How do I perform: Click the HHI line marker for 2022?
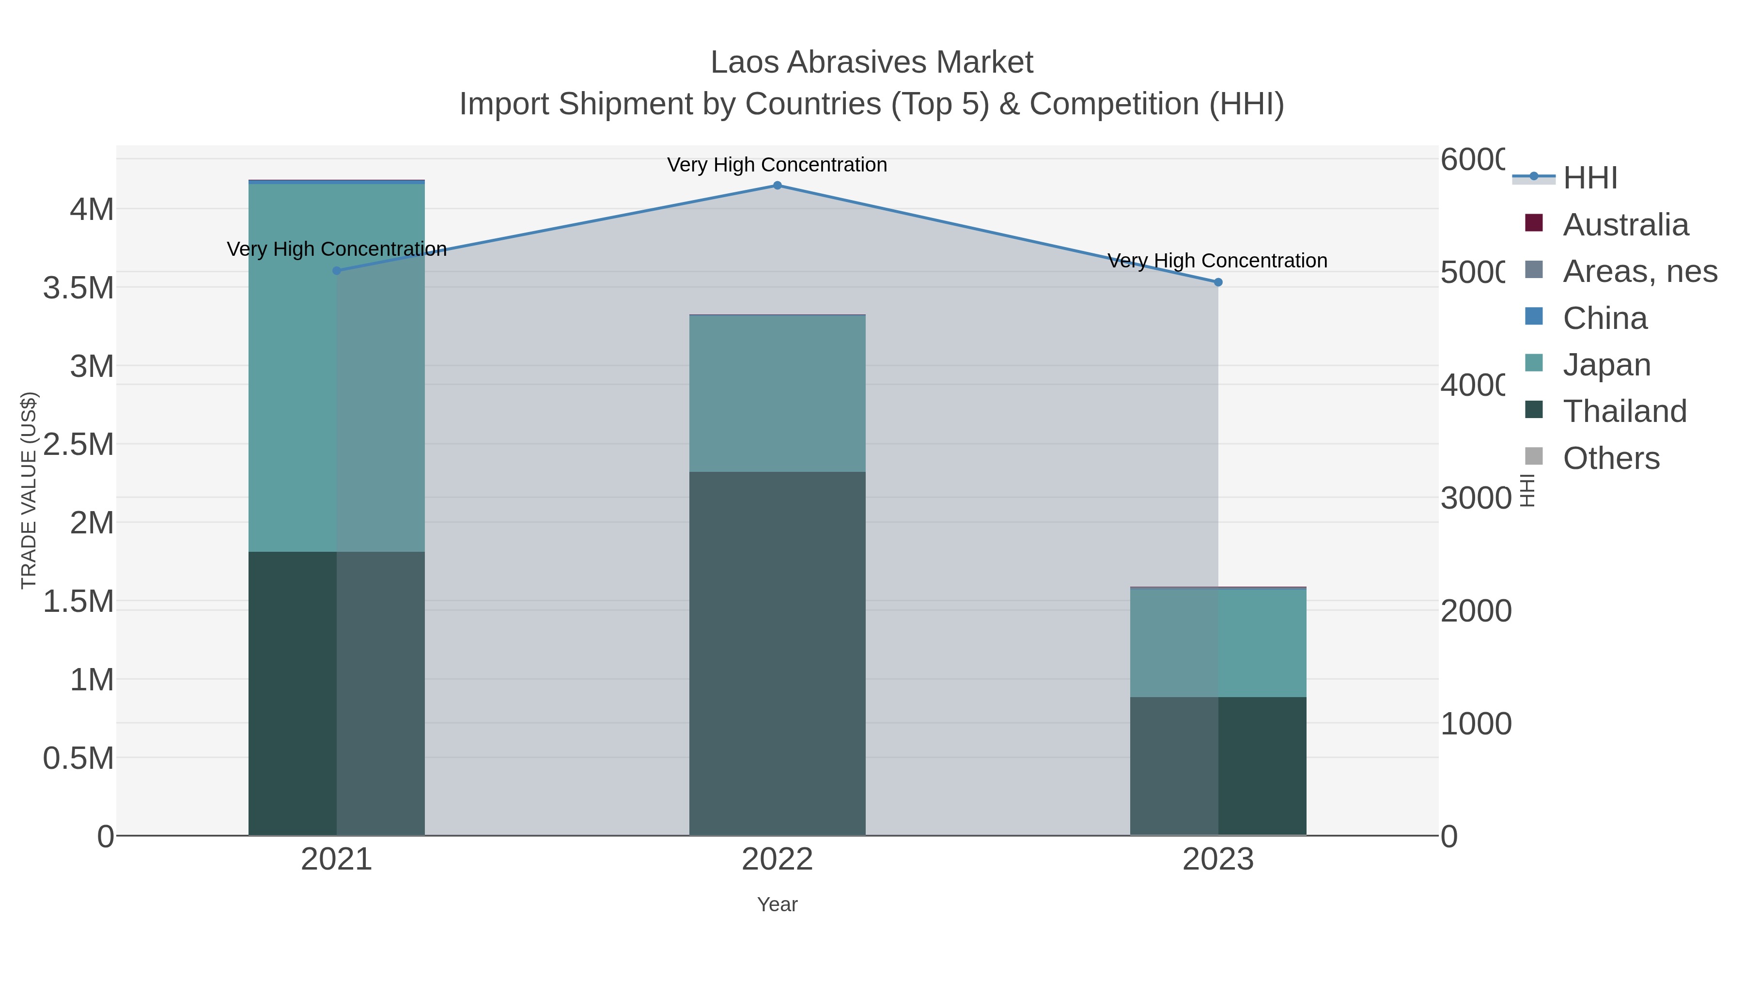point(777,186)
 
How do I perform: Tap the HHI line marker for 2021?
point(337,271)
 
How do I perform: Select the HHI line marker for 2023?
point(1218,282)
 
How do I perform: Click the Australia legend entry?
point(1625,225)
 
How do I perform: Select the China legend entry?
point(1604,318)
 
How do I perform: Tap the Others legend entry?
point(1611,458)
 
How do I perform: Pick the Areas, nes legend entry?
point(1639,271)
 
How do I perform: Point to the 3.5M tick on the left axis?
point(78,288)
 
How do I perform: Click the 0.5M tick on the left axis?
point(78,758)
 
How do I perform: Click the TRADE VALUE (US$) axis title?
point(29,490)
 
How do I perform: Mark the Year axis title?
point(777,904)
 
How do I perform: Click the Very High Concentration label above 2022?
point(777,165)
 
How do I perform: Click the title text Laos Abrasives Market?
point(872,62)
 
